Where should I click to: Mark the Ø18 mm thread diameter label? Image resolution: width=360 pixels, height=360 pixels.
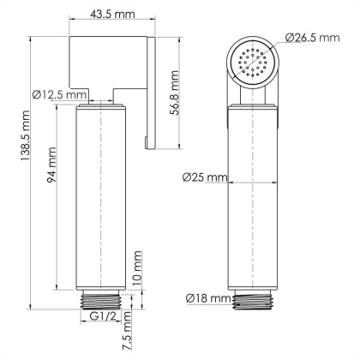click(207, 298)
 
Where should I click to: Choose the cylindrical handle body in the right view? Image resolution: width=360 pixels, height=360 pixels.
click(255, 197)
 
